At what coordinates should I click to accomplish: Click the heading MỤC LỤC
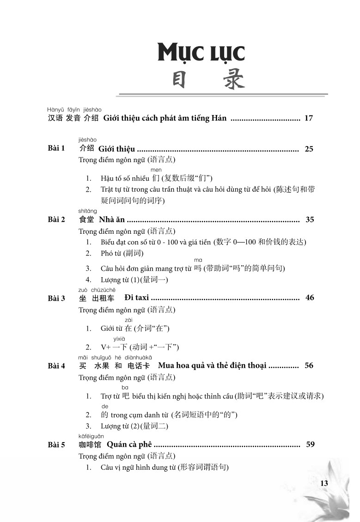tap(201, 53)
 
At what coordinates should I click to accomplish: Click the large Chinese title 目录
tap(201, 81)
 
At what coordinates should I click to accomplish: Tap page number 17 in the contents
tap(309, 118)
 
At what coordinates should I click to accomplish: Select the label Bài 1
tap(56, 149)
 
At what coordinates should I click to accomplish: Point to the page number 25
tap(309, 149)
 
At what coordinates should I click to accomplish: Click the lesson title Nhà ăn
tap(111, 219)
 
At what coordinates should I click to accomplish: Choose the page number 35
tap(310, 219)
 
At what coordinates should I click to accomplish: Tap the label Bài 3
tap(56, 298)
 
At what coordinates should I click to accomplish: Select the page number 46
tap(310, 297)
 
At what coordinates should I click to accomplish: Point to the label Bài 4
tap(56, 366)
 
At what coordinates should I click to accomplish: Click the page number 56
tap(309, 365)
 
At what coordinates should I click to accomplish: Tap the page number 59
tap(310, 444)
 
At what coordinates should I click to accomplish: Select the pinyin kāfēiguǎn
tap(92, 436)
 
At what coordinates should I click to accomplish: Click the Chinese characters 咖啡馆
tap(90, 445)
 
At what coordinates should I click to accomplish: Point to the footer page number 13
tap(323, 483)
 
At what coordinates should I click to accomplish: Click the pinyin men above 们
tap(156, 170)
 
